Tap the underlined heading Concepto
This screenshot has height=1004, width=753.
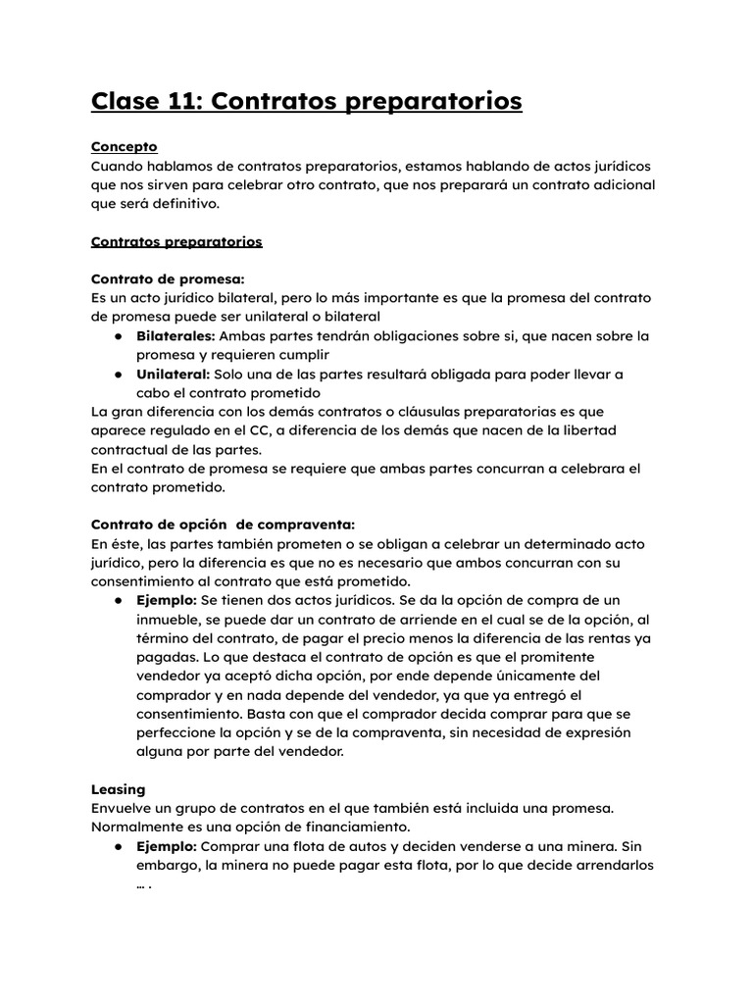(124, 147)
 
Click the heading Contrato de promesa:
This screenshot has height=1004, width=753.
(167, 278)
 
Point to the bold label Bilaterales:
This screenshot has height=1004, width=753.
(175, 335)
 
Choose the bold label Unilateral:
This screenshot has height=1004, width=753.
(173, 374)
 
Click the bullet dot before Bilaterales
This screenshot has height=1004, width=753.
(117, 336)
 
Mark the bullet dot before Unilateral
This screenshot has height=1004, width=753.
(117, 375)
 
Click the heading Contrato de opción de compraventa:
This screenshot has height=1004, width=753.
(223, 525)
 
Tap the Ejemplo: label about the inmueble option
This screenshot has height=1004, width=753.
(166, 600)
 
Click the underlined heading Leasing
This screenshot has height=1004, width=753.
(118, 789)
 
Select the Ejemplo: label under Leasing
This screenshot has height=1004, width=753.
(166, 846)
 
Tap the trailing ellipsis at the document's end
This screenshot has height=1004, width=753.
(143, 885)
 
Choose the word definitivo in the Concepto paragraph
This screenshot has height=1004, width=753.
(183, 204)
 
